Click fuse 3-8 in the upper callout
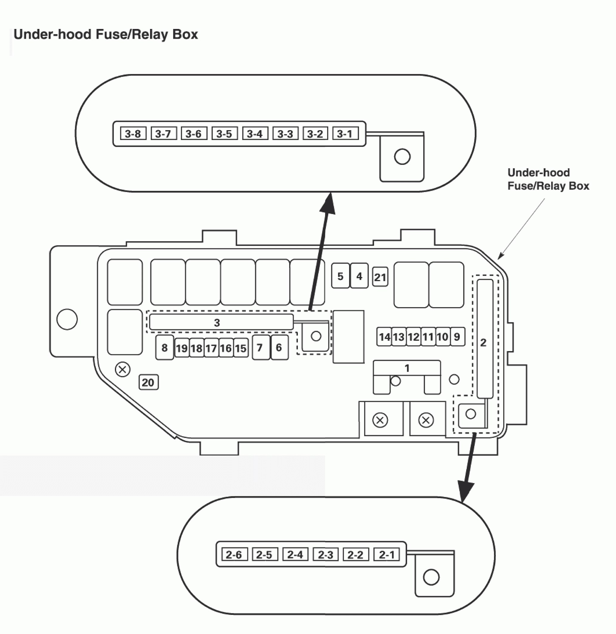[x=133, y=133]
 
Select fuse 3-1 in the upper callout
[x=346, y=133]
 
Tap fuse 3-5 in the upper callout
[x=224, y=133]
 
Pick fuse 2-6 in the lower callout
[x=234, y=554]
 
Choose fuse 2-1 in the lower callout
[x=386, y=554]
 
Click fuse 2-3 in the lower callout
[x=326, y=554]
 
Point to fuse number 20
[x=149, y=382]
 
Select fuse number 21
[x=380, y=277]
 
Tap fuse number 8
[x=164, y=347]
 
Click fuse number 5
[x=340, y=276]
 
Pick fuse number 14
[x=384, y=337]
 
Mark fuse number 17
[x=211, y=348]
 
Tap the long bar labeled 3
[x=221, y=322]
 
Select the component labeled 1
[x=407, y=377]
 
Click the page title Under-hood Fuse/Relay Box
[x=106, y=34]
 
